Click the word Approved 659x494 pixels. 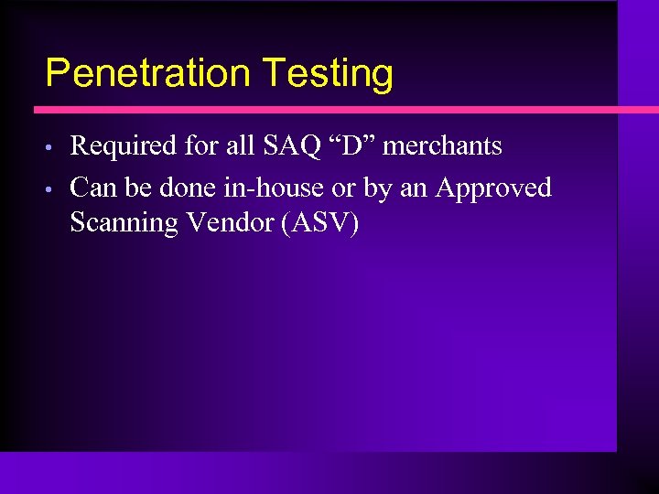[493, 188]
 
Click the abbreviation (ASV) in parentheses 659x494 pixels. [319, 222]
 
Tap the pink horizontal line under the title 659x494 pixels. [329, 110]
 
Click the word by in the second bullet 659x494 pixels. [378, 189]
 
